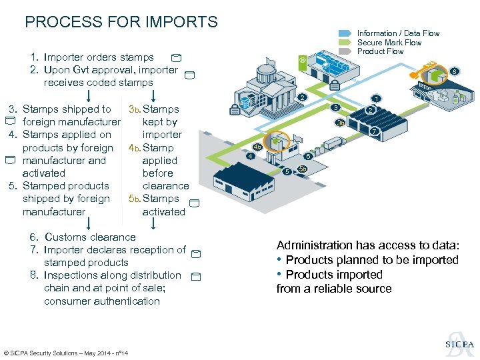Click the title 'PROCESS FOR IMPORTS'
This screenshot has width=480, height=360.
coord(121,22)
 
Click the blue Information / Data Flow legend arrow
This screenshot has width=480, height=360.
coord(345,33)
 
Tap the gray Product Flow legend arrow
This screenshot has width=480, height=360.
coord(345,51)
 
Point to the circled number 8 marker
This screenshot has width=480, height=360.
coord(455,71)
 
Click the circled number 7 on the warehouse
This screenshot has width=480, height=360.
coord(375,132)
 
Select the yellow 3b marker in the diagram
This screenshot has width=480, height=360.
coord(340,122)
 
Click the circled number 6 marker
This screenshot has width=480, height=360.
coord(307,156)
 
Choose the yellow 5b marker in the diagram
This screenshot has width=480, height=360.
coord(303,169)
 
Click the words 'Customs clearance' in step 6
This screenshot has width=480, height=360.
coord(90,237)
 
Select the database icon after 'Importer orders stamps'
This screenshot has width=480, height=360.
coord(175,59)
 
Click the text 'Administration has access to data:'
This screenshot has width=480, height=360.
coord(368,245)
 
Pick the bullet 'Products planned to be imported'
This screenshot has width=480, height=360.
coord(372,260)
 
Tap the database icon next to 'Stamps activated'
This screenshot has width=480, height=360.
coord(193,203)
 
